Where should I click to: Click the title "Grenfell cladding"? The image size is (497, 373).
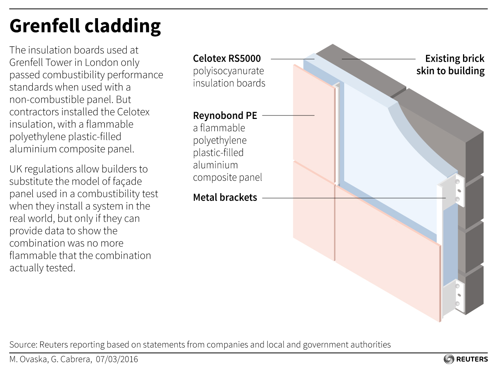pos(85,26)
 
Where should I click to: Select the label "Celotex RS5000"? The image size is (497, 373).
pos(227,59)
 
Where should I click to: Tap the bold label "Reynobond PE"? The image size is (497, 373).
pos(225,115)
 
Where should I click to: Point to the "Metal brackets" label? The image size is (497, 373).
pos(225,197)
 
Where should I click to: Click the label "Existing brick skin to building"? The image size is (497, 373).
pos(450,64)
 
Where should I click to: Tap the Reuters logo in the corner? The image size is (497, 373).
pos(466,359)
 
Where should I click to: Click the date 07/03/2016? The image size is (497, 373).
pos(117,359)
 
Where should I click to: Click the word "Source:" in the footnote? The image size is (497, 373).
pos(23,344)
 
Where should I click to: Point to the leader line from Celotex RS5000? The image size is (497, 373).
pos(292,59)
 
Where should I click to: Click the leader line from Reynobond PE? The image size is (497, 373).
pos(288,115)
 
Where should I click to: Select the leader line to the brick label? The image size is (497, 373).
pos(378,59)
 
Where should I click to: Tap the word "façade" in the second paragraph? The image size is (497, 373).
pos(127,181)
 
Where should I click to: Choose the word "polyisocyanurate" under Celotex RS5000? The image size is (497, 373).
pos(228,71)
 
